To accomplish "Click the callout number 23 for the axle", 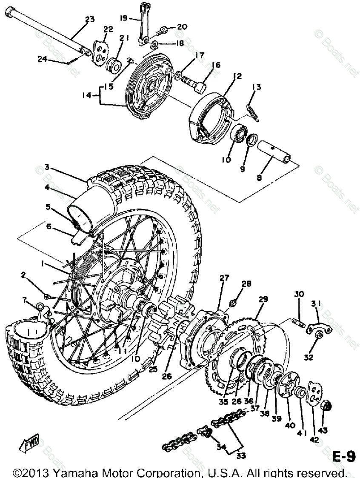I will pyautogui.click(x=89, y=19).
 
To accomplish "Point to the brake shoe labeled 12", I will pyautogui.click(x=211, y=117).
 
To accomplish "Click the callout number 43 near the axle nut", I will pyautogui.click(x=323, y=430).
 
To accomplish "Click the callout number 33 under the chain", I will pyautogui.click(x=241, y=455).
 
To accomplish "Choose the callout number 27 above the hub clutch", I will pyautogui.click(x=224, y=278).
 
